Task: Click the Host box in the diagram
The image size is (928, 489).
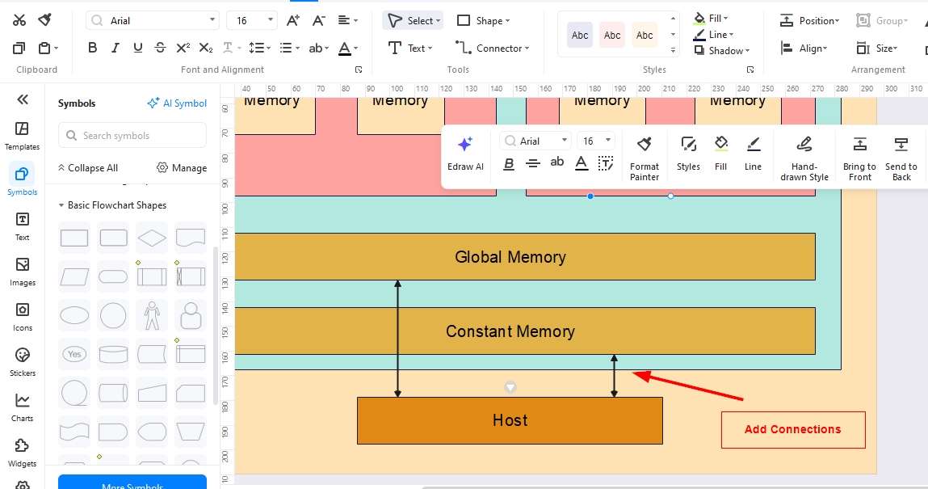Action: [510, 420]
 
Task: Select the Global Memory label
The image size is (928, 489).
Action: [510, 257]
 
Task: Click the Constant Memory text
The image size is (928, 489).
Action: [510, 331]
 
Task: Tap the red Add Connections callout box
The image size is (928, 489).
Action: [792, 429]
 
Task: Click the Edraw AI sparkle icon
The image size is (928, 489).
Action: [465, 145]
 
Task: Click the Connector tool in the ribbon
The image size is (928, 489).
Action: [492, 48]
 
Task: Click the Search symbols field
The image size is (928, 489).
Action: [132, 136]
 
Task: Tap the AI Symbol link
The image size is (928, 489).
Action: [177, 103]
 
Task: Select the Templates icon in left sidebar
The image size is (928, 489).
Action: [23, 135]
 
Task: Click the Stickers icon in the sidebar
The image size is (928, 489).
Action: [23, 361]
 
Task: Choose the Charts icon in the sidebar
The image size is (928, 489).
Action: [23, 407]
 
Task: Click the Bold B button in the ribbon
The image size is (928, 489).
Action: [93, 48]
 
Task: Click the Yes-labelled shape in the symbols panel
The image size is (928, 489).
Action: [74, 354]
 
